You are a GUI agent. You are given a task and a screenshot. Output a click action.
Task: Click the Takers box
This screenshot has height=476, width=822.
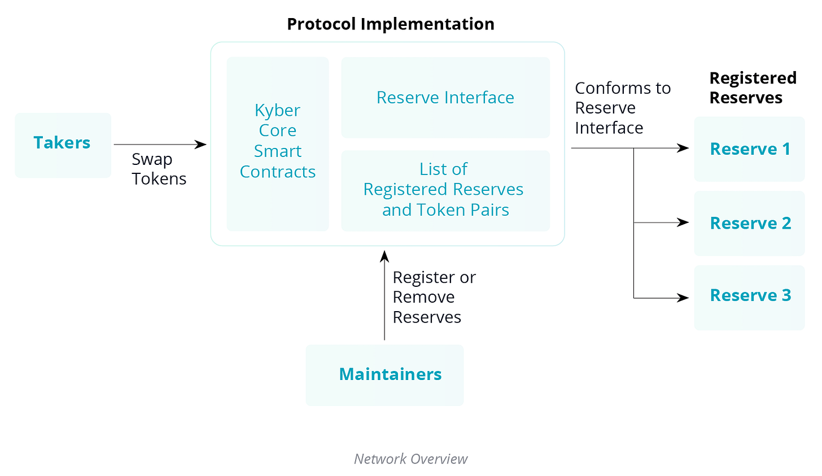(x=63, y=145)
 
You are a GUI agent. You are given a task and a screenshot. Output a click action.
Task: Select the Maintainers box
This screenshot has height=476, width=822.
(x=384, y=375)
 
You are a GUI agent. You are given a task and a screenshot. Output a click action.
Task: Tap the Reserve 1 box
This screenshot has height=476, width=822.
(x=749, y=149)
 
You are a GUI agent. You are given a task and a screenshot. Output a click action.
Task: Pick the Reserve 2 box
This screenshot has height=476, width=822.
(x=749, y=223)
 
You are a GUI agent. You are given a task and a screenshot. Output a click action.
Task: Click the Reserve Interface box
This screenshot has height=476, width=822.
(x=445, y=98)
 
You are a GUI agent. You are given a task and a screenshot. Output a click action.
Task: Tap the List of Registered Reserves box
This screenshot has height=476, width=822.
(x=445, y=190)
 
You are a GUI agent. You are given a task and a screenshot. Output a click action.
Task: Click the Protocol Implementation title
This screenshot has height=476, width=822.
(x=390, y=24)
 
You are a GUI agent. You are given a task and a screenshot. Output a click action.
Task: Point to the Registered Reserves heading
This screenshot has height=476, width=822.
(x=752, y=88)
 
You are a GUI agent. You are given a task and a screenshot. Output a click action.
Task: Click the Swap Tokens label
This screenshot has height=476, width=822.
(x=159, y=169)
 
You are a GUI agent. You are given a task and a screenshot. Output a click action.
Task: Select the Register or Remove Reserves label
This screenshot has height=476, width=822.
(x=434, y=297)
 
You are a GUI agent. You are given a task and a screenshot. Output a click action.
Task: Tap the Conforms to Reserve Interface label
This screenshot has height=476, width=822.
(x=622, y=108)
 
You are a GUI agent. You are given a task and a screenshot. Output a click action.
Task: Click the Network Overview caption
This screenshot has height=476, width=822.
(x=410, y=458)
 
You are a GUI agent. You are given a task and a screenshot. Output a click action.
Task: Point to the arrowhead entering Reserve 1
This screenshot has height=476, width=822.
(x=684, y=148)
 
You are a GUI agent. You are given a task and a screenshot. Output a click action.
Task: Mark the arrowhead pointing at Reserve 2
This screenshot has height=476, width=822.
(x=684, y=222)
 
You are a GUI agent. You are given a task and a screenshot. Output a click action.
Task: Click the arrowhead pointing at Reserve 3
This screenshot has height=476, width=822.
(x=684, y=298)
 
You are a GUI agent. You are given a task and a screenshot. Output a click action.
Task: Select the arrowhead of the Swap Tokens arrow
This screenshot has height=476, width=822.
(x=201, y=145)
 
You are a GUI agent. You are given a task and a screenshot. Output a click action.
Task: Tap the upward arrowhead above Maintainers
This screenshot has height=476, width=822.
(x=384, y=256)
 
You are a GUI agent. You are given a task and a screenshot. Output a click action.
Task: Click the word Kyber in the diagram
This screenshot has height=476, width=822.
(x=277, y=110)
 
